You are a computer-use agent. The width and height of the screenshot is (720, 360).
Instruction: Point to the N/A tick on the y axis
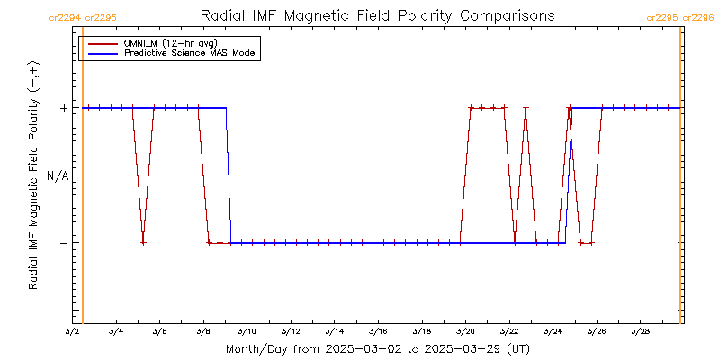[57, 175]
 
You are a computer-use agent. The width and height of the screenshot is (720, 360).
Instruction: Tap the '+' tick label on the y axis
[63, 108]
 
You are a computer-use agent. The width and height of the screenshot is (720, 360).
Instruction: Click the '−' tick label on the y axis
[63, 243]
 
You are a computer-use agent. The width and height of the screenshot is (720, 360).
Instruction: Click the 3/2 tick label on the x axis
[72, 331]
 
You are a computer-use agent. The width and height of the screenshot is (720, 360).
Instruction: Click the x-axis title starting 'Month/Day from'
[377, 348]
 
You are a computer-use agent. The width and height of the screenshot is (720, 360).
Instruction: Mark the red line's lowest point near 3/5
[143, 243]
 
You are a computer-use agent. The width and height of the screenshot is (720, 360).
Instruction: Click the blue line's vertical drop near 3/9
[229, 175]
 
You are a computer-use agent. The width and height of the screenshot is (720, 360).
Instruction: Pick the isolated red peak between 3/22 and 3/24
[526, 109]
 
